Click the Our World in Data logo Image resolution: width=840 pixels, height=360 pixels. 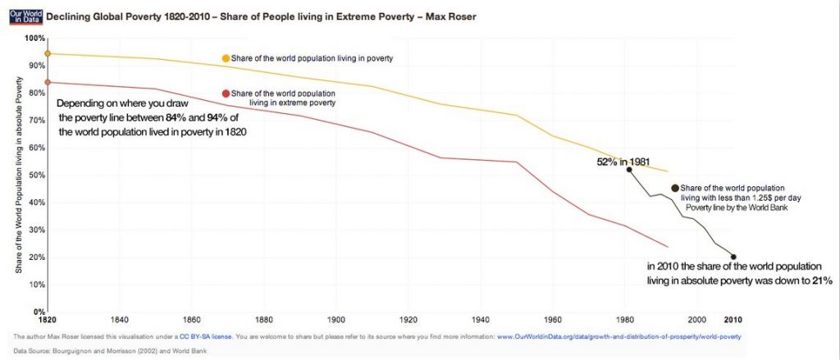pos(19,16)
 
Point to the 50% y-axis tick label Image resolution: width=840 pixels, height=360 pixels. pos(36,175)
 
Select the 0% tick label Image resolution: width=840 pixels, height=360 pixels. pos(38,312)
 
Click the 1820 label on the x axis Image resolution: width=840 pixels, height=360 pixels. pos(48,320)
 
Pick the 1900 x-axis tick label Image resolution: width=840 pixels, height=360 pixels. pos(336,320)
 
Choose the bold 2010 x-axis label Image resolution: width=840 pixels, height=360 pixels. pos(733,320)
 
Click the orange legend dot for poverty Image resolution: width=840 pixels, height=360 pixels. pos(226,58)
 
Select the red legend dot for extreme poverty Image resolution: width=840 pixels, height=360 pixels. pos(226,93)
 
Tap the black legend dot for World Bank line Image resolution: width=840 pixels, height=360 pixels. pos(675,188)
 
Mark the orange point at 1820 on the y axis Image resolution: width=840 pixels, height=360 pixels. pos(48,53)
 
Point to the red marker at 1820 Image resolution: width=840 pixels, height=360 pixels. pos(48,82)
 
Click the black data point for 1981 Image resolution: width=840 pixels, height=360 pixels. pos(629,170)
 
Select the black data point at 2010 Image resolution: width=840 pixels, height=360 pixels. pos(733,257)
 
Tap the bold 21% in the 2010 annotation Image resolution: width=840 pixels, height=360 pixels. pos(823,281)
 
